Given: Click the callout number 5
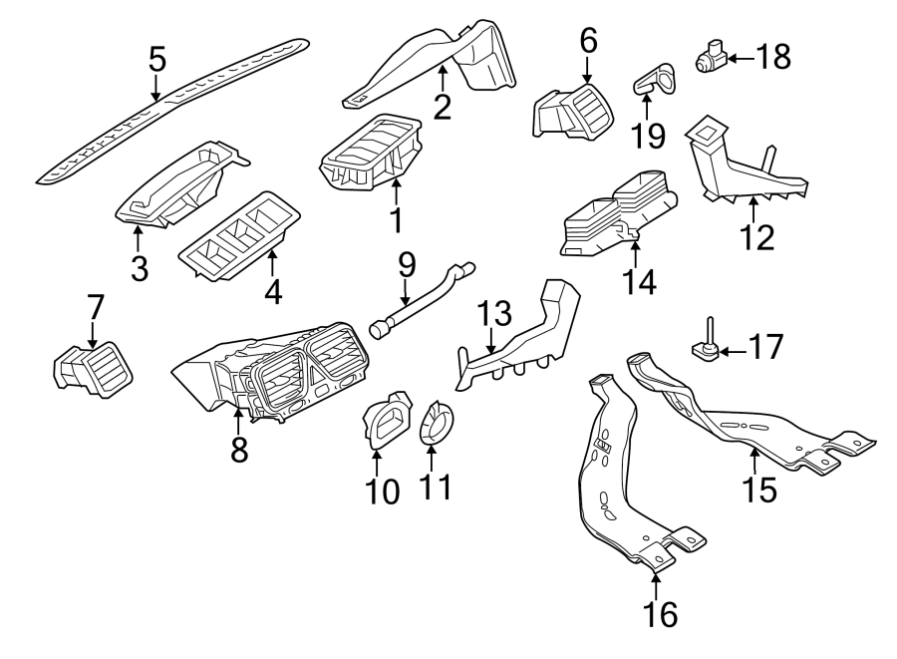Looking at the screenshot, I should coord(156,60).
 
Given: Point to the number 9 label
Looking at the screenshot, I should coord(406,265).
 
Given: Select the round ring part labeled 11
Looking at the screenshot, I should coord(433,423).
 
